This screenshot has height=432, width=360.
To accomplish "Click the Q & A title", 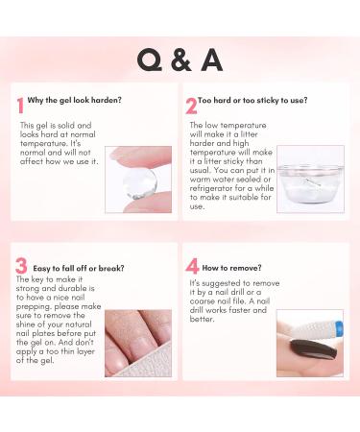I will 180,60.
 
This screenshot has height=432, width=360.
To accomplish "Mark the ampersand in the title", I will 180,60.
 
